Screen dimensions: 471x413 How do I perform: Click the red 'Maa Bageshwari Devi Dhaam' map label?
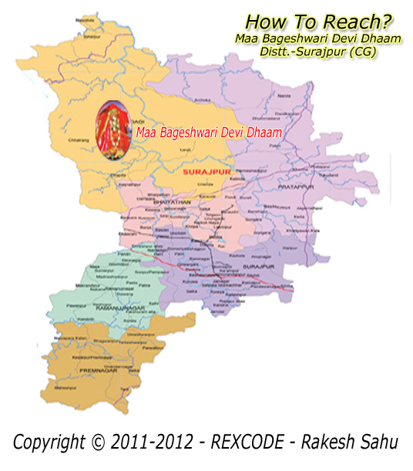[208, 133]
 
